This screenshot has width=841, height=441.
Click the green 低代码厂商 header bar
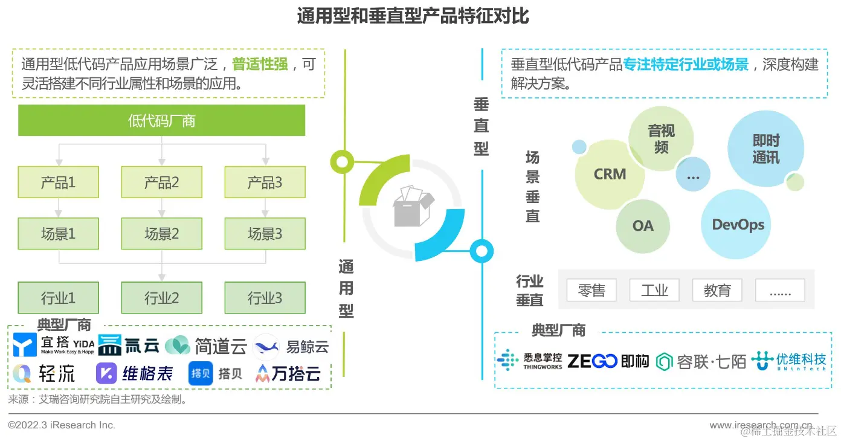tap(161, 120)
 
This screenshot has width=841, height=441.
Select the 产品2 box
tap(161, 182)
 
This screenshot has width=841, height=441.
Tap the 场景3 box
tap(265, 233)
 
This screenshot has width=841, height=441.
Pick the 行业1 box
tap(58, 298)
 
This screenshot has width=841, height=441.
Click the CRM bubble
tap(610, 174)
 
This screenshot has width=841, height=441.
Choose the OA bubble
tap(643, 226)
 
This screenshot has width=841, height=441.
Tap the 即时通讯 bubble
tap(766, 149)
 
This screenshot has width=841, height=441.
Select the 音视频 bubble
tap(661, 138)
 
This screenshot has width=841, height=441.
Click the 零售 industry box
tap(591, 290)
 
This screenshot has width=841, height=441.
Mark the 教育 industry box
tap(717, 290)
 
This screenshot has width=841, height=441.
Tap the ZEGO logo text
tap(592, 361)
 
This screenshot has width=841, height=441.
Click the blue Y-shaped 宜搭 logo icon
tap(25, 344)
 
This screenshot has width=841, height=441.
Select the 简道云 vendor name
tap(221, 346)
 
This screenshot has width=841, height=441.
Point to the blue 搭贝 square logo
tap(201, 373)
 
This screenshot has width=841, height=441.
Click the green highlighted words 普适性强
tap(260, 64)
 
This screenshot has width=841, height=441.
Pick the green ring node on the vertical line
tap(342, 162)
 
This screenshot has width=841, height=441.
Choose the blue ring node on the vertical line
tap(482, 251)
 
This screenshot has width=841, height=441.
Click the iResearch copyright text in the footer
tap(61, 425)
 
